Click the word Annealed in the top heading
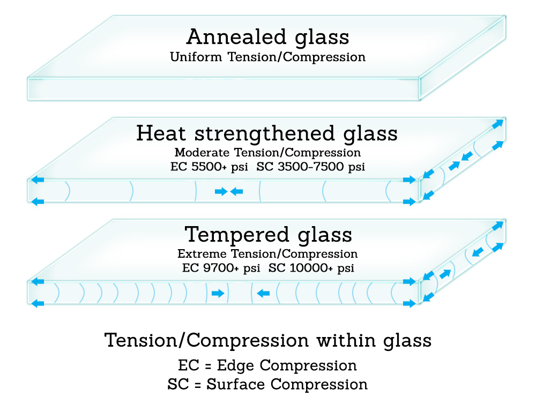coord(236,36)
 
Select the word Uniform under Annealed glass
coord(196,57)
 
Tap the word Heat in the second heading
coord(161,133)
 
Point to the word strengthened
coord(265,134)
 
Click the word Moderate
coord(202,152)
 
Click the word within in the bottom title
coord(345,340)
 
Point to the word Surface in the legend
coord(235,384)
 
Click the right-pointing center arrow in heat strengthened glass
coord(221,191)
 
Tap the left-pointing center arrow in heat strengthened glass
coord(236,191)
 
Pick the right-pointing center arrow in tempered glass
coord(218,293)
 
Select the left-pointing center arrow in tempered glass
coord(263,293)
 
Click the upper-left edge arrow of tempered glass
coord(38,282)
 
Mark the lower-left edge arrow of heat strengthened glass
coord(38,201)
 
